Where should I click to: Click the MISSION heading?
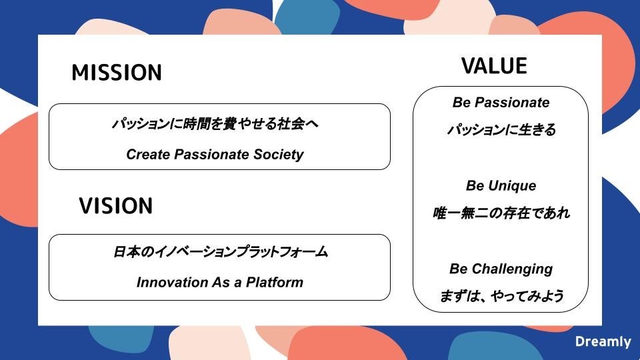[x=117, y=72]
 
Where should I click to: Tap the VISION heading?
[x=116, y=206]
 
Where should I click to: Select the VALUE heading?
[x=494, y=66]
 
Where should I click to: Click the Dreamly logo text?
[x=603, y=341]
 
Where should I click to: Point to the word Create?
[x=148, y=154]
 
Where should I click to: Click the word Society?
[x=279, y=155]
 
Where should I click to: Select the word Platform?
[x=275, y=282]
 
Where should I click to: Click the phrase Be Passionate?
[x=501, y=103]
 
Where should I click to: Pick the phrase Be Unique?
[x=501, y=186]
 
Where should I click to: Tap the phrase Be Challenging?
[x=501, y=269]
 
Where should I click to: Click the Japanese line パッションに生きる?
[x=501, y=130]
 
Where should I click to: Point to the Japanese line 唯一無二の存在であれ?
[x=501, y=213]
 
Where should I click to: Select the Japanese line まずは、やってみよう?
[x=501, y=296]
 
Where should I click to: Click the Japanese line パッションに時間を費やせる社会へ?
[x=215, y=124]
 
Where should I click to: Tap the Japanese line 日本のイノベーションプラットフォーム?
[x=221, y=251]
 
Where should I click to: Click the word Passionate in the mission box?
[x=211, y=154]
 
